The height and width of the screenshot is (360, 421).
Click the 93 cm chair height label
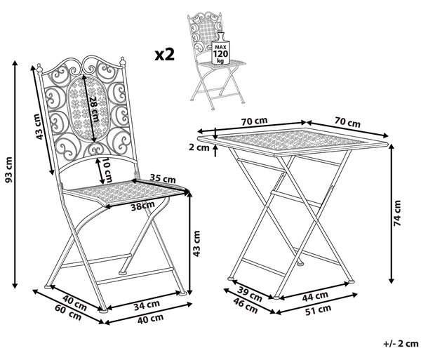[x=9, y=171]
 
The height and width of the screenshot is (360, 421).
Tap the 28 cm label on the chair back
[x=94, y=109]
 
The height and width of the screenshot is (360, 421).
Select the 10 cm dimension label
[x=107, y=171]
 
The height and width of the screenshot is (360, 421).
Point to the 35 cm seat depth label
[x=163, y=178]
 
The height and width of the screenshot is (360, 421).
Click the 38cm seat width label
[x=143, y=206]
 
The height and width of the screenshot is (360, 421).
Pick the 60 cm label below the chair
[x=68, y=312]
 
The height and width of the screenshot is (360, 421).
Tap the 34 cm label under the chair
[x=147, y=305]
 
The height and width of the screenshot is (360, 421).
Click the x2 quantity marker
[x=165, y=55]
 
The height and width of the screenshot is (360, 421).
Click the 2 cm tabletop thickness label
[x=199, y=147]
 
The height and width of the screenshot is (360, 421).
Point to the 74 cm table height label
[x=397, y=213]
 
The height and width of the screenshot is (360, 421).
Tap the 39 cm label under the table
[x=250, y=293]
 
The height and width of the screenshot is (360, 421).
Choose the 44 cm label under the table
[x=315, y=296]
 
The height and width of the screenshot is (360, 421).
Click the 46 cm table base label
[x=246, y=305]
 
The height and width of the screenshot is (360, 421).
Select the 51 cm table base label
[x=318, y=309]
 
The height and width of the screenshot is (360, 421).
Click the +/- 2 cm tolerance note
[x=401, y=344]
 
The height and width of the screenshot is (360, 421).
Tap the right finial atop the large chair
[x=122, y=62]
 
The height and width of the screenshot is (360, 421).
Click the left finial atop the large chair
[x=40, y=68]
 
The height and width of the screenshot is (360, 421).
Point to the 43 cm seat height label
[x=196, y=244]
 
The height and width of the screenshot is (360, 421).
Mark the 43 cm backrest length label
[x=39, y=126]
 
